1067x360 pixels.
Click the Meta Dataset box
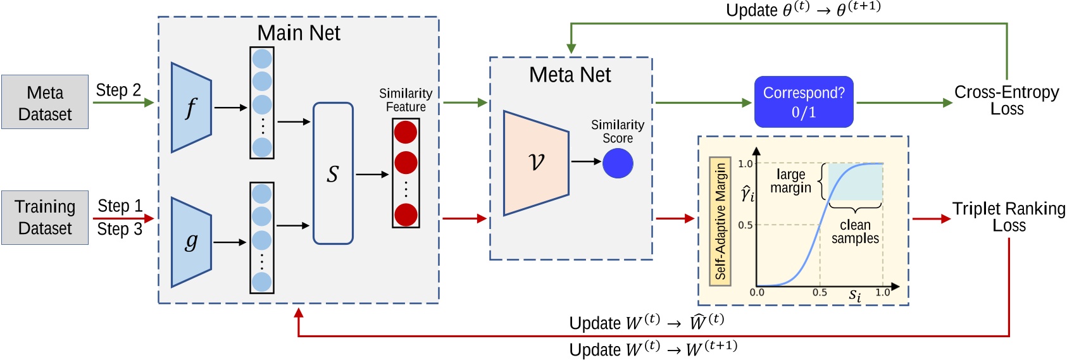[45, 102]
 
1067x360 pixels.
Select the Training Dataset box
[45, 218]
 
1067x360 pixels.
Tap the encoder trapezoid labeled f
[190, 108]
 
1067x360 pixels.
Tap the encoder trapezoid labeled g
[190, 242]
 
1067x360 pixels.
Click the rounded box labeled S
[333, 173]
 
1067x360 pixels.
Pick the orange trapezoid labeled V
[535, 163]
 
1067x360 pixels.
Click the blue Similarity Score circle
[618, 163]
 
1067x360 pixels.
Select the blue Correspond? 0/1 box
[804, 102]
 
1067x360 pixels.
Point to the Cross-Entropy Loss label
[1006, 100]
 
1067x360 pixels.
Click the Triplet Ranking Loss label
[1009, 217]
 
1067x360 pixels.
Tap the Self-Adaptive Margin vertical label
[720, 221]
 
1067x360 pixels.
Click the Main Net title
[299, 33]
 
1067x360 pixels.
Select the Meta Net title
[570, 75]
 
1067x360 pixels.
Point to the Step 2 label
[118, 90]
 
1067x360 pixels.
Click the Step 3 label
[120, 229]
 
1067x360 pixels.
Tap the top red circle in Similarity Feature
[406, 132]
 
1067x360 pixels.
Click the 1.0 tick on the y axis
[745, 164]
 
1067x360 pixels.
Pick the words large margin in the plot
[790, 181]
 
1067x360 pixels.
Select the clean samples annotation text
[855, 232]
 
